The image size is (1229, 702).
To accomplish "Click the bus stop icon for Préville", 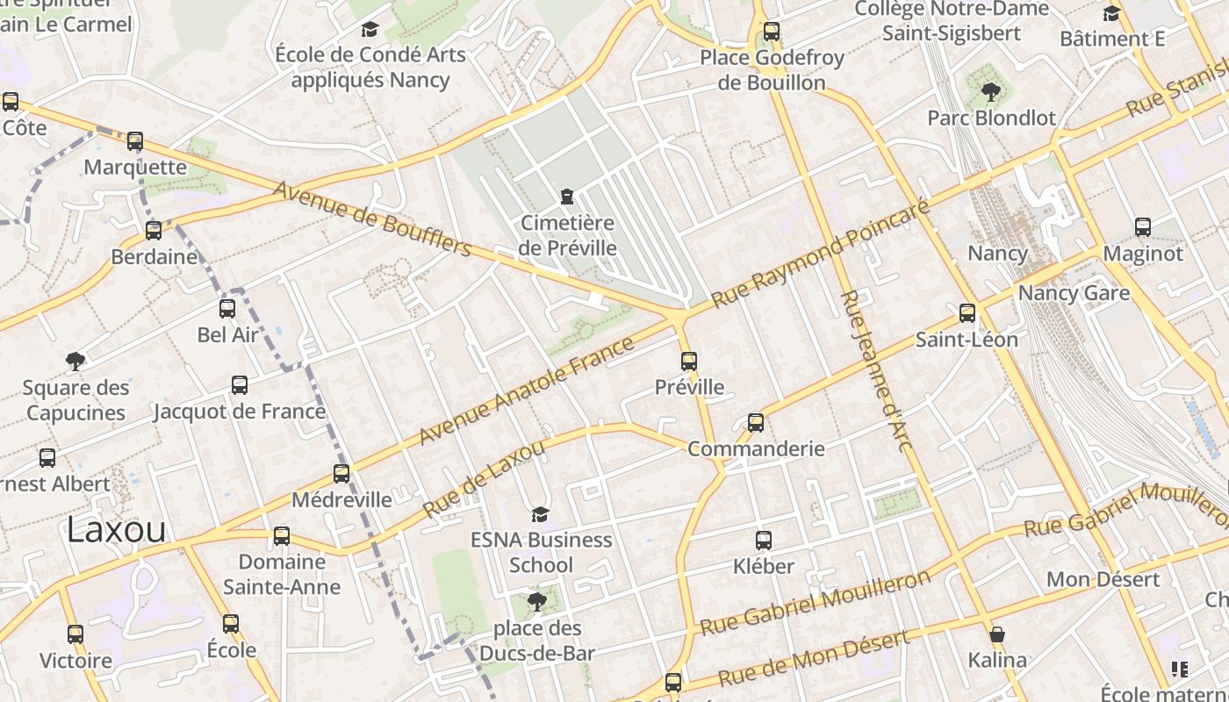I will tap(689, 361).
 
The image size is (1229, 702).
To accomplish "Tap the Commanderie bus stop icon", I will tap(756, 423).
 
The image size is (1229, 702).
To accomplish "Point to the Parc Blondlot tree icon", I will tap(991, 91).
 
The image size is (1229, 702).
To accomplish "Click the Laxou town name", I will tap(116, 530).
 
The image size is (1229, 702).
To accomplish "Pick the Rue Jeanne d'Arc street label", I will tap(877, 370).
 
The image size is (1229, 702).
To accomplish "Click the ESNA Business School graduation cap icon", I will tap(540, 514).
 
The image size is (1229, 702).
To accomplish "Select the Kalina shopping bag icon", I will tap(997, 634).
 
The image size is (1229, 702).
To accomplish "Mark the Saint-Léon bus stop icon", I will tap(967, 313).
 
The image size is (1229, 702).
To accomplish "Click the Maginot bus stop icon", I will tap(1143, 227).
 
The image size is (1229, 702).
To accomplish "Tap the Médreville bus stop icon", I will tap(341, 474).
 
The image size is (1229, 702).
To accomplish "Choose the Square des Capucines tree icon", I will tap(75, 361).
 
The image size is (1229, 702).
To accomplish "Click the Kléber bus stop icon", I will tap(764, 541).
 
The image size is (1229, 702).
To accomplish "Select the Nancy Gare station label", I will tap(1074, 293).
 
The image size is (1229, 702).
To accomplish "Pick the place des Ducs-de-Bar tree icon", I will tap(536, 602).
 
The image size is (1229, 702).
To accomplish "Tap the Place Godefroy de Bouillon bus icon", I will tap(772, 32).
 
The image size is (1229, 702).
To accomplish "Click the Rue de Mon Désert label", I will tap(814, 659).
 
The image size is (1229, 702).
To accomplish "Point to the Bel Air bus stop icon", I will tap(227, 309).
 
